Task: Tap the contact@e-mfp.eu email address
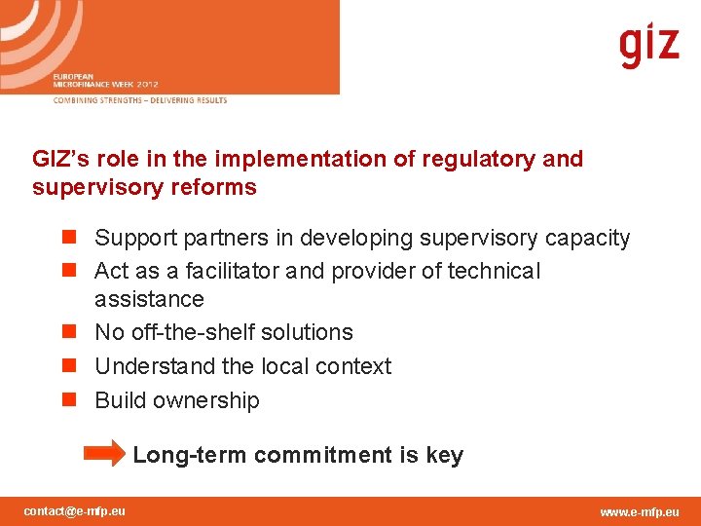tap(74, 510)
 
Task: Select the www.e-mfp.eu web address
tap(640, 511)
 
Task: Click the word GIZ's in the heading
tap(60, 159)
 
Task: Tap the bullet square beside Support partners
tap(68, 238)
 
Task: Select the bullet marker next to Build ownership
tap(68, 399)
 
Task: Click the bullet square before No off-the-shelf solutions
tap(68, 332)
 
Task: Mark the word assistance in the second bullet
tap(149, 299)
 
